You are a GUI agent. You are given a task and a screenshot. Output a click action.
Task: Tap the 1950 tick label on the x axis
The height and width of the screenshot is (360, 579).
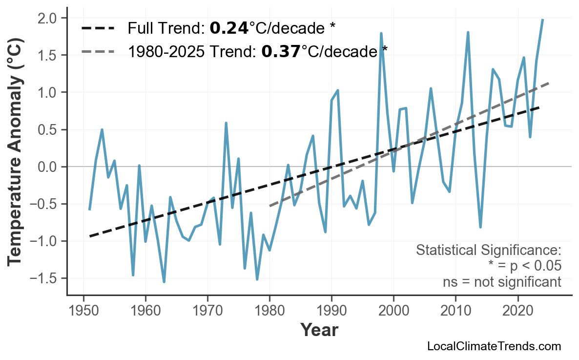point(83,311)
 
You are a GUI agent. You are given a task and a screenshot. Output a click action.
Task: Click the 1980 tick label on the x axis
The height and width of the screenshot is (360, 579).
point(269,311)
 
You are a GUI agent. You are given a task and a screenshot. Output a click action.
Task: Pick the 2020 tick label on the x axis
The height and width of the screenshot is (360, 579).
point(517,311)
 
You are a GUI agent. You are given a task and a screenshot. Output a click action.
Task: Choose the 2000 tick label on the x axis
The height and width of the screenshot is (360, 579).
point(393,311)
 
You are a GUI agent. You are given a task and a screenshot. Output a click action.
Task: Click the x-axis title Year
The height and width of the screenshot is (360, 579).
point(319,331)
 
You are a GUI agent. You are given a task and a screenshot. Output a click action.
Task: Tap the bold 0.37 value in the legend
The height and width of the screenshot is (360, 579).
point(281,51)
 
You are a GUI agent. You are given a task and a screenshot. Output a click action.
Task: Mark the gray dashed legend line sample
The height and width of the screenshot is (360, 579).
point(98,51)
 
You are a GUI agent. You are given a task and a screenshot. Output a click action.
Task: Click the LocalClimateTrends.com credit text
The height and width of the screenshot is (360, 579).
point(494,346)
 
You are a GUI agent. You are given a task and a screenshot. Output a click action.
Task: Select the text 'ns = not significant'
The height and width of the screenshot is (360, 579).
point(501,282)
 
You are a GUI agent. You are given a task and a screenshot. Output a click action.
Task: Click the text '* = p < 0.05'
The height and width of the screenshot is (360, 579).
point(524,266)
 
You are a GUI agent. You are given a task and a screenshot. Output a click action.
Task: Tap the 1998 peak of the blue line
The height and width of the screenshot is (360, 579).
point(381,33)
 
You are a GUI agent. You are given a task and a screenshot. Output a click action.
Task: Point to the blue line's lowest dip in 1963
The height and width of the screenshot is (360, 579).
point(164,282)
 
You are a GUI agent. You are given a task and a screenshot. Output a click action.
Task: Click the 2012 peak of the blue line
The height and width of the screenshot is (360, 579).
point(468,32)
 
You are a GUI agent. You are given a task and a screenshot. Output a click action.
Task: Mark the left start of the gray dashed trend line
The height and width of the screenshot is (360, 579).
point(270,206)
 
